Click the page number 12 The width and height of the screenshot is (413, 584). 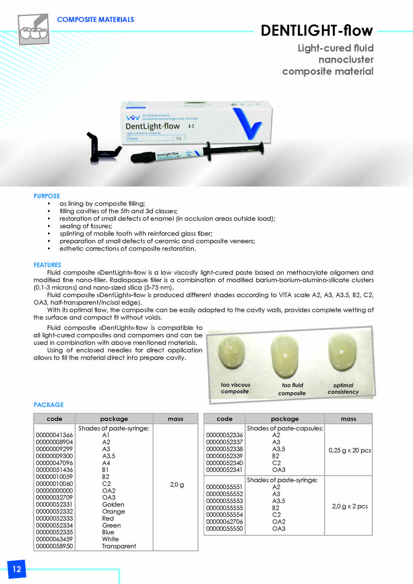point(17,569)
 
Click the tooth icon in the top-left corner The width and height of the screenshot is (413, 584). point(33,29)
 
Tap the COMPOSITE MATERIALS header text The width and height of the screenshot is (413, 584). point(95,20)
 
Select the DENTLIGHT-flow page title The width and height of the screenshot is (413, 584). point(316,31)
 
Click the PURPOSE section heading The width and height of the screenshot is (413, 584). point(47,196)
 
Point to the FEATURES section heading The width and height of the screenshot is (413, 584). point(47,265)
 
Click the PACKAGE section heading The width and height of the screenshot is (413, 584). point(49,405)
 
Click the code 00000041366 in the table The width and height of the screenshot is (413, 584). point(54,435)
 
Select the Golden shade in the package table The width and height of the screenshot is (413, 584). point(113,504)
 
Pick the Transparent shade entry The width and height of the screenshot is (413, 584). point(119,546)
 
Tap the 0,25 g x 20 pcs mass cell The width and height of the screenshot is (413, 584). point(350,450)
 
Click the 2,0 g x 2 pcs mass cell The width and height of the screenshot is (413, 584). point(350,506)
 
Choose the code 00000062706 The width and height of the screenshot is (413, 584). point(224,522)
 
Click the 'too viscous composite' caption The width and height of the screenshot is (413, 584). point(235,388)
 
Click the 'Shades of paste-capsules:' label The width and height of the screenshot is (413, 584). point(285,428)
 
